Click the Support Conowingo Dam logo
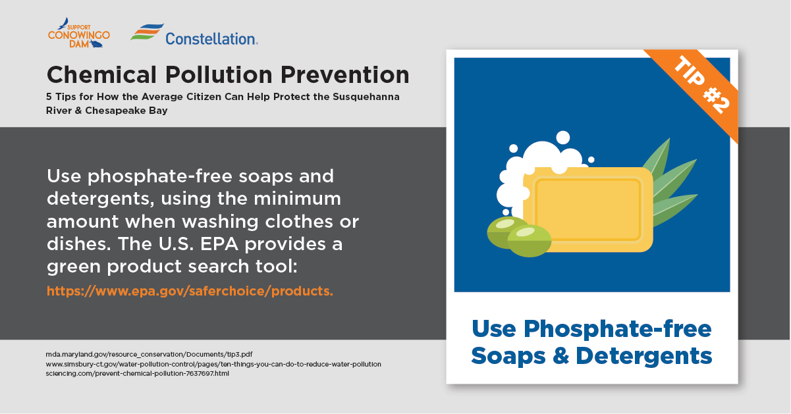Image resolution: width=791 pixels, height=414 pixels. [x=79, y=33]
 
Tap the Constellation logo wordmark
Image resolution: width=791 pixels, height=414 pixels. [x=211, y=39]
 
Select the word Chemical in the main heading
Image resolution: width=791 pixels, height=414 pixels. [x=101, y=75]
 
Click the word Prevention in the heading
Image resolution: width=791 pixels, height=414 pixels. [x=345, y=75]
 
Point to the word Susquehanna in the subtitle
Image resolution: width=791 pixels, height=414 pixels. [x=366, y=97]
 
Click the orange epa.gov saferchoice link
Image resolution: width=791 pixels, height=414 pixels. [x=190, y=291]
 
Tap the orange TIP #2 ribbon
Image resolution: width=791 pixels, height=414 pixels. [x=696, y=90]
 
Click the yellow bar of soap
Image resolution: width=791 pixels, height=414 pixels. [x=587, y=209]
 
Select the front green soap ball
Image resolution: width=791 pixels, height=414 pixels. [x=529, y=240]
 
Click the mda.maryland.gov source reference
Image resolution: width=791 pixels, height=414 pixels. [x=149, y=354]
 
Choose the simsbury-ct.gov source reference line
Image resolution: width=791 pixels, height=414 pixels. [x=213, y=364]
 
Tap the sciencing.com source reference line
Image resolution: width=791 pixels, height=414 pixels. [x=137, y=373]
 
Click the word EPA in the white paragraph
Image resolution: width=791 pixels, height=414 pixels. [x=219, y=244]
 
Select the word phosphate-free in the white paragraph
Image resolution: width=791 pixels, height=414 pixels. [x=160, y=176]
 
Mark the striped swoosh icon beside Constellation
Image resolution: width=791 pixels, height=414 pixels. [x=148, y=32]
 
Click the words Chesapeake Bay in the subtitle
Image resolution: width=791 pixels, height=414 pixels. [x=126, y=111]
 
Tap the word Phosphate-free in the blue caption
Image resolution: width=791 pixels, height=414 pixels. [x=618, y=330]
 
